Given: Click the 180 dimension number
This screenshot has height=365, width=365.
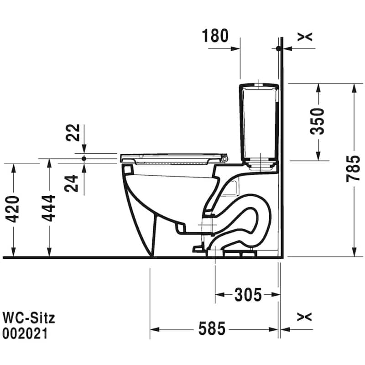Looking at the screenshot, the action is (x=215, y=36).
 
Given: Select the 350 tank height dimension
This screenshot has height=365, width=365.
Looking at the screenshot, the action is (x=317, y=121).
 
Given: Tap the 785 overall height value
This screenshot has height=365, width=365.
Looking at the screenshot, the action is (x=353, y=169).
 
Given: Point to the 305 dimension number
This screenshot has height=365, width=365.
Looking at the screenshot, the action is (x=248, y=295).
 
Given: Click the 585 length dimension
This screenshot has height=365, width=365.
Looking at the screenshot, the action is (x=212, y=328).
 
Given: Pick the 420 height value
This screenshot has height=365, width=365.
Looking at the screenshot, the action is (x=12, y=209).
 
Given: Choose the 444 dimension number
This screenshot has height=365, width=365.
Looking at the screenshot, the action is (x=48, y=209).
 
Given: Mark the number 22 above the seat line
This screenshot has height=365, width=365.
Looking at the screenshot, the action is (x=73, y=133).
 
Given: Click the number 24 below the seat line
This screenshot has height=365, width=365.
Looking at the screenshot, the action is (x=71, y=183).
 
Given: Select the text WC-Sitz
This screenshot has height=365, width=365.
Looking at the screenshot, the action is (x=29, y=318).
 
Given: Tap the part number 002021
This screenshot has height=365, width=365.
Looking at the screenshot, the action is (x=25, y=334).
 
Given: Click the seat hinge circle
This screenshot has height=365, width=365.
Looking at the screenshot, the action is (x=224, y=159).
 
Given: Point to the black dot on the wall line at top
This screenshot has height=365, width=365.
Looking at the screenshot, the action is (x=278, y=49).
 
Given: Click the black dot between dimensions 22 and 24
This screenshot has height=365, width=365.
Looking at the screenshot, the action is (x=84, y=159).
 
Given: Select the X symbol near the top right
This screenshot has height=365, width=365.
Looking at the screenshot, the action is (x=305, y=37).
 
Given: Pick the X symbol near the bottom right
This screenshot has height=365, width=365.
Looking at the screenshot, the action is (x=304, y=317).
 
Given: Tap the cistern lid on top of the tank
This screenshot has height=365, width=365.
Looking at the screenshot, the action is (x=259, y=86).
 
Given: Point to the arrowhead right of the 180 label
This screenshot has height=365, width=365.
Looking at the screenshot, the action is (x=235, y=49).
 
